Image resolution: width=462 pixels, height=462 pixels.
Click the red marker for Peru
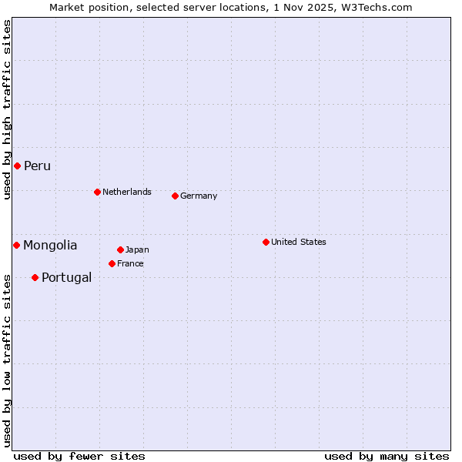[17, 166]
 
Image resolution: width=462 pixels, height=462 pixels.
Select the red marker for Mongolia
[16, 245]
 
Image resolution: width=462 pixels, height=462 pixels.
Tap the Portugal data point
[35, 277]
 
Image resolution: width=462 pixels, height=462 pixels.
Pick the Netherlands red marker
[97, 192]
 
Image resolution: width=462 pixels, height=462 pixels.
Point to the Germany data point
[175, 196]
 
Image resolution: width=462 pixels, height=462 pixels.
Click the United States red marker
[266, 242]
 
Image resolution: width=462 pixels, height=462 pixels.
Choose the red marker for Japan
[120, 249]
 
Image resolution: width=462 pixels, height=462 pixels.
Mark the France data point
[112, 263]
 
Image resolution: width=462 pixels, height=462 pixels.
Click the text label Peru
[37, 166]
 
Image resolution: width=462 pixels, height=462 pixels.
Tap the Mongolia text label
[50, 246]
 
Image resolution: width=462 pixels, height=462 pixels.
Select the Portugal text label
[66, 278]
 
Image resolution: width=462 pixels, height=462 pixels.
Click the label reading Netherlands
[127, 192]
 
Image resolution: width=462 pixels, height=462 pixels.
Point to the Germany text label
[199, 196]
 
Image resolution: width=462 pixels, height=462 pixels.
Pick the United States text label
[299, 242]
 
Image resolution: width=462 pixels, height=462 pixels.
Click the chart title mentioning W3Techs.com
[231, 7]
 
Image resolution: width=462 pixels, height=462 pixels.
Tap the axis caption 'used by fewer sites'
[79, 456]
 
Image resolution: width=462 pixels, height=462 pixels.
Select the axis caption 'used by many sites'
[387, 456]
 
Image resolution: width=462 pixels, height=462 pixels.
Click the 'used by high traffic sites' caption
[7, 109]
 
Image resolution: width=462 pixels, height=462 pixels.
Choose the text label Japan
[137, 249]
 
